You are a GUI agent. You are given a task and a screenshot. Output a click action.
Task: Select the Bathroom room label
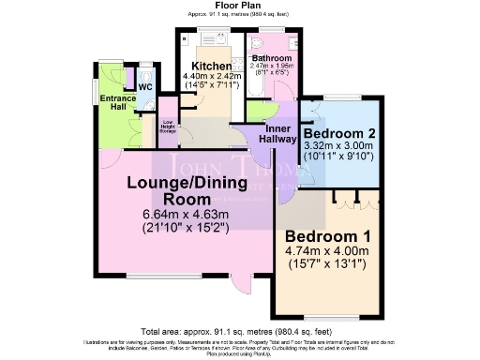(271, 57)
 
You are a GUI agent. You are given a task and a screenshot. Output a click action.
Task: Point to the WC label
(145, 87)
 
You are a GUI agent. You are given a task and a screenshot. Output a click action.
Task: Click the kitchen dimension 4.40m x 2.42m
(206, 76)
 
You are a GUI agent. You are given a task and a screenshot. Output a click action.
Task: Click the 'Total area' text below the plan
(239, 332)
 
